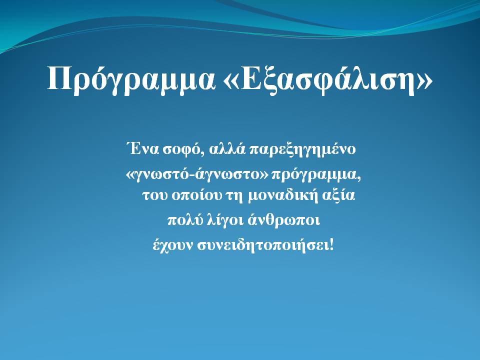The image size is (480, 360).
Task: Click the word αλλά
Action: click(x=227, y=149)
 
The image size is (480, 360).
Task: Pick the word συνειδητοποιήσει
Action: click(x=262, y=245)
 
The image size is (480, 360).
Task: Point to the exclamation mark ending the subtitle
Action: click(x=330, y=244)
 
